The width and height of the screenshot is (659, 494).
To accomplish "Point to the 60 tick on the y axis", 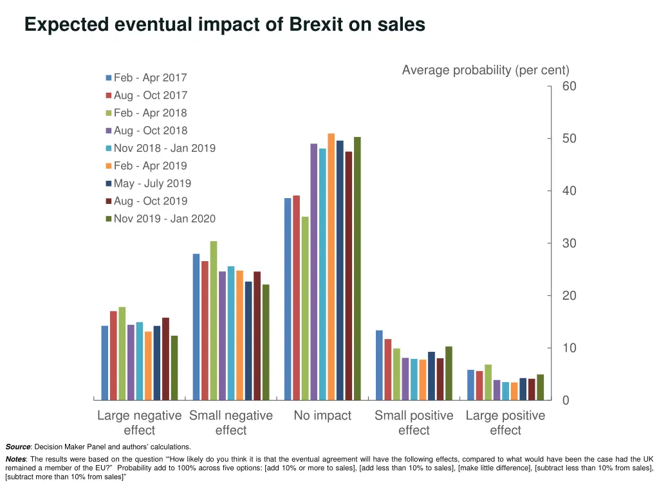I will (569, 86).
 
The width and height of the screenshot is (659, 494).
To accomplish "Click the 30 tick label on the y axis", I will (569, 243).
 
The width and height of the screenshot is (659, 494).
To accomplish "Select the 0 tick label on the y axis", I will (566, 400).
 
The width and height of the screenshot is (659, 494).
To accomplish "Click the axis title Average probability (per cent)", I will (485, 70).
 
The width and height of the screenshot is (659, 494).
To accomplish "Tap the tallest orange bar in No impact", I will (331, 267).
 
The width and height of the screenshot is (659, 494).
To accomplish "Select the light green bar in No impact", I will (305, 308).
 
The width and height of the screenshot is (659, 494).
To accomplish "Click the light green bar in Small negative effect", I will (214, 320).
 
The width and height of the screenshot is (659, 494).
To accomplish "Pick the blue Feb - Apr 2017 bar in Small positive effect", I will (379, 365).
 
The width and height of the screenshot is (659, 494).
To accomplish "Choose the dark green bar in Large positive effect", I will (541, 387).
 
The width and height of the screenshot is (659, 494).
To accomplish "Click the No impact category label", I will (322, 416).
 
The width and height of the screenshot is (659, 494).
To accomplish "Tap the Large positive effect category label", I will (505, 423).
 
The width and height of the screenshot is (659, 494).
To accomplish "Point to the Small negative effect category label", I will (231, 423).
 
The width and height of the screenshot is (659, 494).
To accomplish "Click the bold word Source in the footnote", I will (18, 446).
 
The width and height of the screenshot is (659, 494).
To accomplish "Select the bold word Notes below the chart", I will (15, 459).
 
